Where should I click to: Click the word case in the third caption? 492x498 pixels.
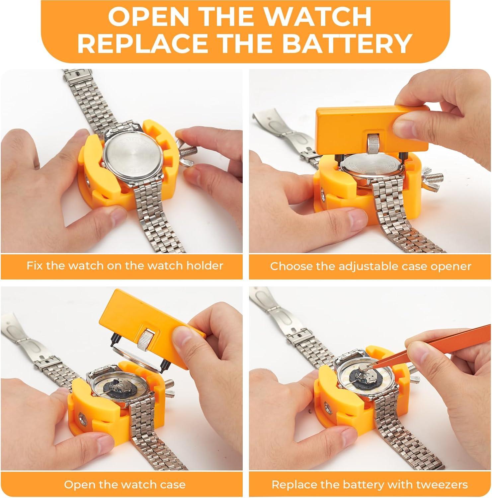(x=172, y=484)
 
